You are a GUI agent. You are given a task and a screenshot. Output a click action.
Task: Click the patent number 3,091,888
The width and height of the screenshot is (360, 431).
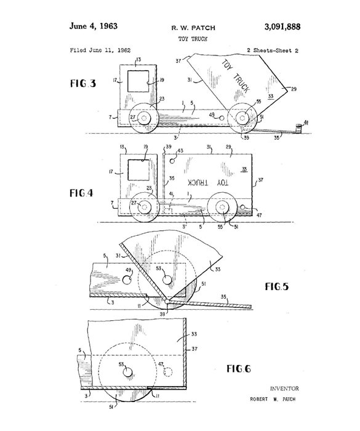coord(282,26)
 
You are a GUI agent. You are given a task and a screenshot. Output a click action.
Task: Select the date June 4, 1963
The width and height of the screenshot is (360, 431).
coord(94,26)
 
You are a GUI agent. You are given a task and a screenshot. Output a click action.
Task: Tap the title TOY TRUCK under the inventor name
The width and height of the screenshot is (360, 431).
coord(193,39)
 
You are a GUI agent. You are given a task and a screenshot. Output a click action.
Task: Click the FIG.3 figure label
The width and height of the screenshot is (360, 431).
coord(83,83)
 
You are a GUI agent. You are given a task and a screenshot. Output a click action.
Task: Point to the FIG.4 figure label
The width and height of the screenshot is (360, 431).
coord(81,193)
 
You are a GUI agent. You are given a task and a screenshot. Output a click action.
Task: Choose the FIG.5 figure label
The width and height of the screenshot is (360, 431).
coord(277,286)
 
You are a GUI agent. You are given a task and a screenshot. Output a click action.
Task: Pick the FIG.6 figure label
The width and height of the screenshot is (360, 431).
coord(239,368)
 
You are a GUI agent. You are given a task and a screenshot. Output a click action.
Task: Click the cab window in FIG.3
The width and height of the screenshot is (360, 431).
coord(138,81)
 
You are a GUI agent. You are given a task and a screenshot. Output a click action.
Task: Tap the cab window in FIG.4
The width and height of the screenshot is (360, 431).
coord(139,170)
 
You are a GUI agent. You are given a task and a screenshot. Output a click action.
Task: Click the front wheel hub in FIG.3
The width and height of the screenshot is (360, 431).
coord(144,118)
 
